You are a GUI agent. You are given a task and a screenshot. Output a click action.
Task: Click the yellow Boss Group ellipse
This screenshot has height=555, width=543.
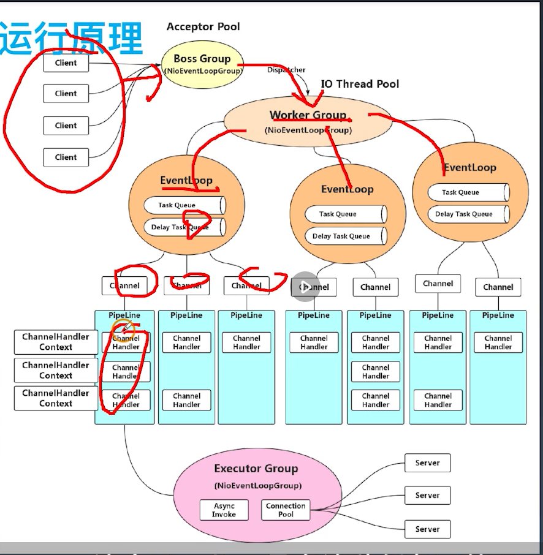[202, 64]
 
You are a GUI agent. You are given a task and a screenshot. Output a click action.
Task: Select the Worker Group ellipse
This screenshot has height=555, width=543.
[308, 120]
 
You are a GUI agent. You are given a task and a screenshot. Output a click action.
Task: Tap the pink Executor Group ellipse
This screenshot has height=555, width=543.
[256, 490]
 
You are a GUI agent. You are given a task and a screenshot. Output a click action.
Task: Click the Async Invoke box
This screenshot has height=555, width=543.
[224, 510]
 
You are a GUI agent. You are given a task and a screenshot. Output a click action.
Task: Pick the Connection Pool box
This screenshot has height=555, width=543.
[286, 510]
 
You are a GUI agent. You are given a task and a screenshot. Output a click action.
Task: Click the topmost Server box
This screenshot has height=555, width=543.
[427, 463]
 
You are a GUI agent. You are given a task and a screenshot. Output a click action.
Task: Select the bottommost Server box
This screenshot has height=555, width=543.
[427, 529]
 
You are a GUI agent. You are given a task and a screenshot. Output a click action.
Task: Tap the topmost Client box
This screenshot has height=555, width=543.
[66, 62]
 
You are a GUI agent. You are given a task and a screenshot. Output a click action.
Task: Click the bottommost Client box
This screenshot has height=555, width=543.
[66, 157]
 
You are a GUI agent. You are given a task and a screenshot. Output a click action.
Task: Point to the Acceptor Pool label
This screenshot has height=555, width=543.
[203, 27]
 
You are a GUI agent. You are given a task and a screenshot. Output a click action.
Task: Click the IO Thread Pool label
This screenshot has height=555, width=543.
[360, 84]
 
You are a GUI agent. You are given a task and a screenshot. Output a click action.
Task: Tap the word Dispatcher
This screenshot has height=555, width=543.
[286, 70]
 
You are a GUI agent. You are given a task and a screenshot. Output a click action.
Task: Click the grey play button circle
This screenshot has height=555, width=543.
[305, 287]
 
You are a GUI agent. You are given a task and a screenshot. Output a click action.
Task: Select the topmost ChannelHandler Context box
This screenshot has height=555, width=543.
[56, 342]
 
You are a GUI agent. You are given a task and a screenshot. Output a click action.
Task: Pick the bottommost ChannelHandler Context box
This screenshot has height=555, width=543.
[56, 398]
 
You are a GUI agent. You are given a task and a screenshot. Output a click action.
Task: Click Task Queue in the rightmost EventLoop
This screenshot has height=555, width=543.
[468, 192]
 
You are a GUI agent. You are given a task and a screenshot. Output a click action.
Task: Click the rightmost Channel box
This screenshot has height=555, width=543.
[498, 287]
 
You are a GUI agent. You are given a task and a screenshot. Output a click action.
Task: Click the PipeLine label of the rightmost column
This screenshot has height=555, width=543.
[498, 315]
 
